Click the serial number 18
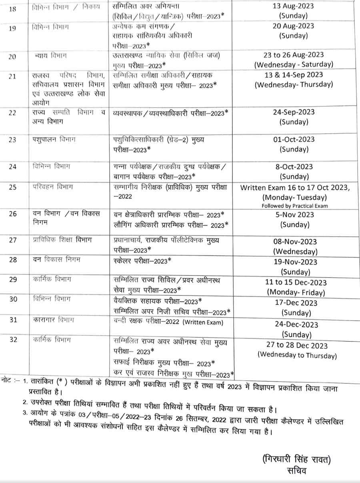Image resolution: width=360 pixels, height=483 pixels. pos(12,8)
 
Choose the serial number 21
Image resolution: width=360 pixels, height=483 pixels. pos(12,77)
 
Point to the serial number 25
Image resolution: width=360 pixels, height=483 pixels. pos(12,188)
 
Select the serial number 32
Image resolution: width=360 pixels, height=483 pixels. pos(12,340)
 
